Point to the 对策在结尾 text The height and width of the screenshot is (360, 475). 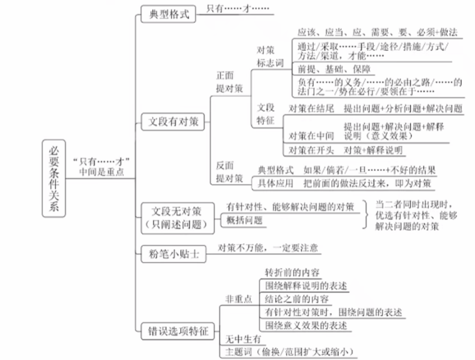point(311,109)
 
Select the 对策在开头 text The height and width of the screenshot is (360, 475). point(311,150)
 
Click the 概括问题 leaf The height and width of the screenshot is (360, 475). point(244,221)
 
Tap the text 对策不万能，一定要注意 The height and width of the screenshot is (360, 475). point(268,248)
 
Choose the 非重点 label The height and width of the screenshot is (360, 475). point(238,299)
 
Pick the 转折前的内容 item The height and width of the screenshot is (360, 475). point(292,272)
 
